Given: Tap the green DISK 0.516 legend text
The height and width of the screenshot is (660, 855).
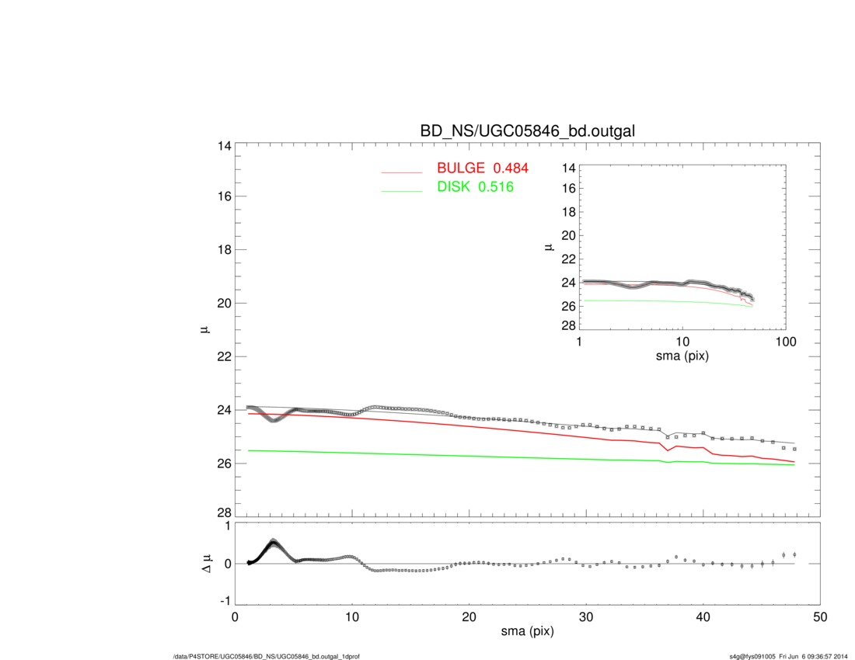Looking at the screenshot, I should point(475,187).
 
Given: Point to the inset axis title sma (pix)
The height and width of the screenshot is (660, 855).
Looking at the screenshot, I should point(682,356).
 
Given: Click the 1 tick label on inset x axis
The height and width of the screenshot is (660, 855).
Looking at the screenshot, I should point(580,342).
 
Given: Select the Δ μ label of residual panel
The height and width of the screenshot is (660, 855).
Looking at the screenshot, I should point(206,564).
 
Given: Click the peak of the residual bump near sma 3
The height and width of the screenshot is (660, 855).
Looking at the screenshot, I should point(274,542).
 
